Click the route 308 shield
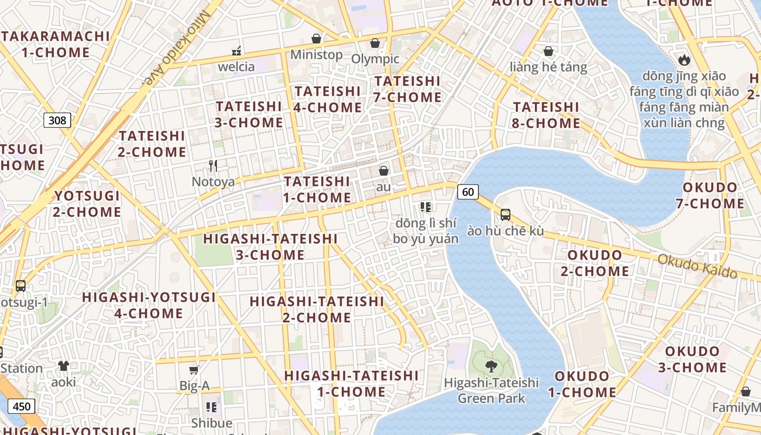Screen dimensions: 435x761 click(57, 120)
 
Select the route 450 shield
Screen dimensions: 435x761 click(22, 406)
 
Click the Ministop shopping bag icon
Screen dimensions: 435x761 click(316, 39)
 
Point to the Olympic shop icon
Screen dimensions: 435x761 click(375, 43)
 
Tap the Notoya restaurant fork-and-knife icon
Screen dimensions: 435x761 click(213, 165)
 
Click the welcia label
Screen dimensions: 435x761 click(236, 67)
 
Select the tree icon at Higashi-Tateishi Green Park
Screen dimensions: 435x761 click(491, 366)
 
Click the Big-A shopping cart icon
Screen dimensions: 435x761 click(194, 370)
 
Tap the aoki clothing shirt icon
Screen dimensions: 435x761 click(64, 366)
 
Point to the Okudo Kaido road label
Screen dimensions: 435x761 click(697, 266)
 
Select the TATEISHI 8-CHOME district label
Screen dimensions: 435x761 click(546, 115)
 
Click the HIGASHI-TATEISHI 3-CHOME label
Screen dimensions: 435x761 click(270, 246)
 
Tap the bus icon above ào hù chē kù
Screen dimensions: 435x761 click(506, 215)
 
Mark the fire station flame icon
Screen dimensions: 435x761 click(684, 59)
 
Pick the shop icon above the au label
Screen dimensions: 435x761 click(384, 171)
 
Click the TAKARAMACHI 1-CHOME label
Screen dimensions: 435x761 click(55, 44)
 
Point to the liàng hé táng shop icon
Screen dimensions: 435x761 click(548, 51)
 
